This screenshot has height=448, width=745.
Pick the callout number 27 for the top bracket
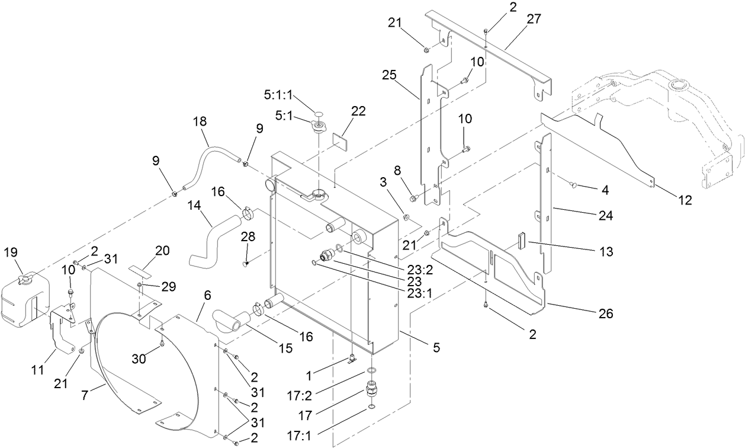point(534,18)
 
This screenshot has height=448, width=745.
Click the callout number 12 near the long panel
point(684,200)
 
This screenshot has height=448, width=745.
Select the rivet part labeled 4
point(573,186)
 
